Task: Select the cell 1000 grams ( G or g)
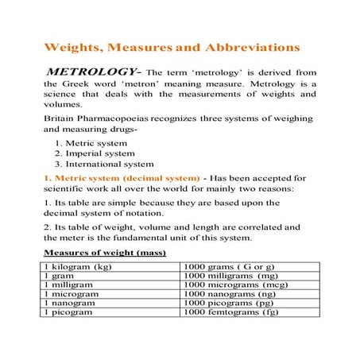[230, 266]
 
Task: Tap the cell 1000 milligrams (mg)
[230, 275]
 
